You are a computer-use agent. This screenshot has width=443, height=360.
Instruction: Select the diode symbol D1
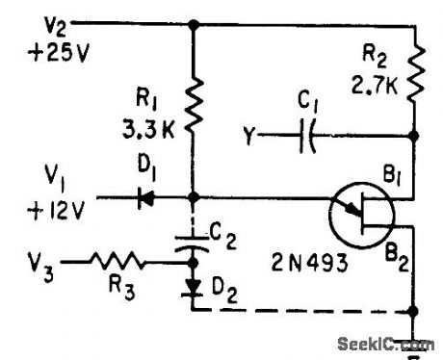[x=146, y=199]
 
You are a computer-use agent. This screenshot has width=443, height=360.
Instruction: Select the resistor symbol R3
[x=117, y=260]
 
